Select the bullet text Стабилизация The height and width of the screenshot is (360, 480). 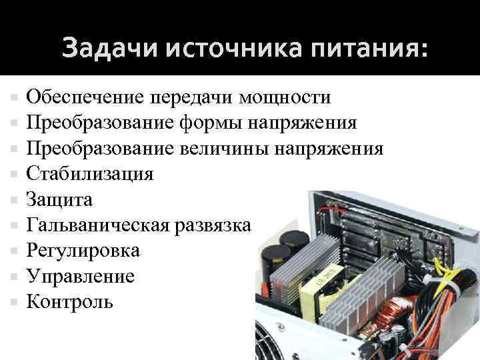[89, 174]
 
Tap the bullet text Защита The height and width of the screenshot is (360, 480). [59, 199]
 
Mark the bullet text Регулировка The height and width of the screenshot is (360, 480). [83, 251]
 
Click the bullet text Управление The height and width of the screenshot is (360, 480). [80, 276]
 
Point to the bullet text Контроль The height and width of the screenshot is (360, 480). [69, 302]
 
